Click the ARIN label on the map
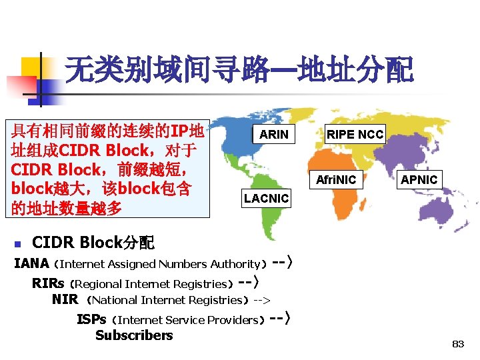click(274, 135)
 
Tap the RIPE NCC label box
click(355, 135)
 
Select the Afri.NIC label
click(336, 179)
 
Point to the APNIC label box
click(419, 179)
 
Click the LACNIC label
click(266, 198)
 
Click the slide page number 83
click(457, 344)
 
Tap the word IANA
click(31, 263)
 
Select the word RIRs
click(47, 283)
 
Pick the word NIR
click(65, 300)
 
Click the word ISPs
click(91, 319)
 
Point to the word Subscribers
click(134, 335)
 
